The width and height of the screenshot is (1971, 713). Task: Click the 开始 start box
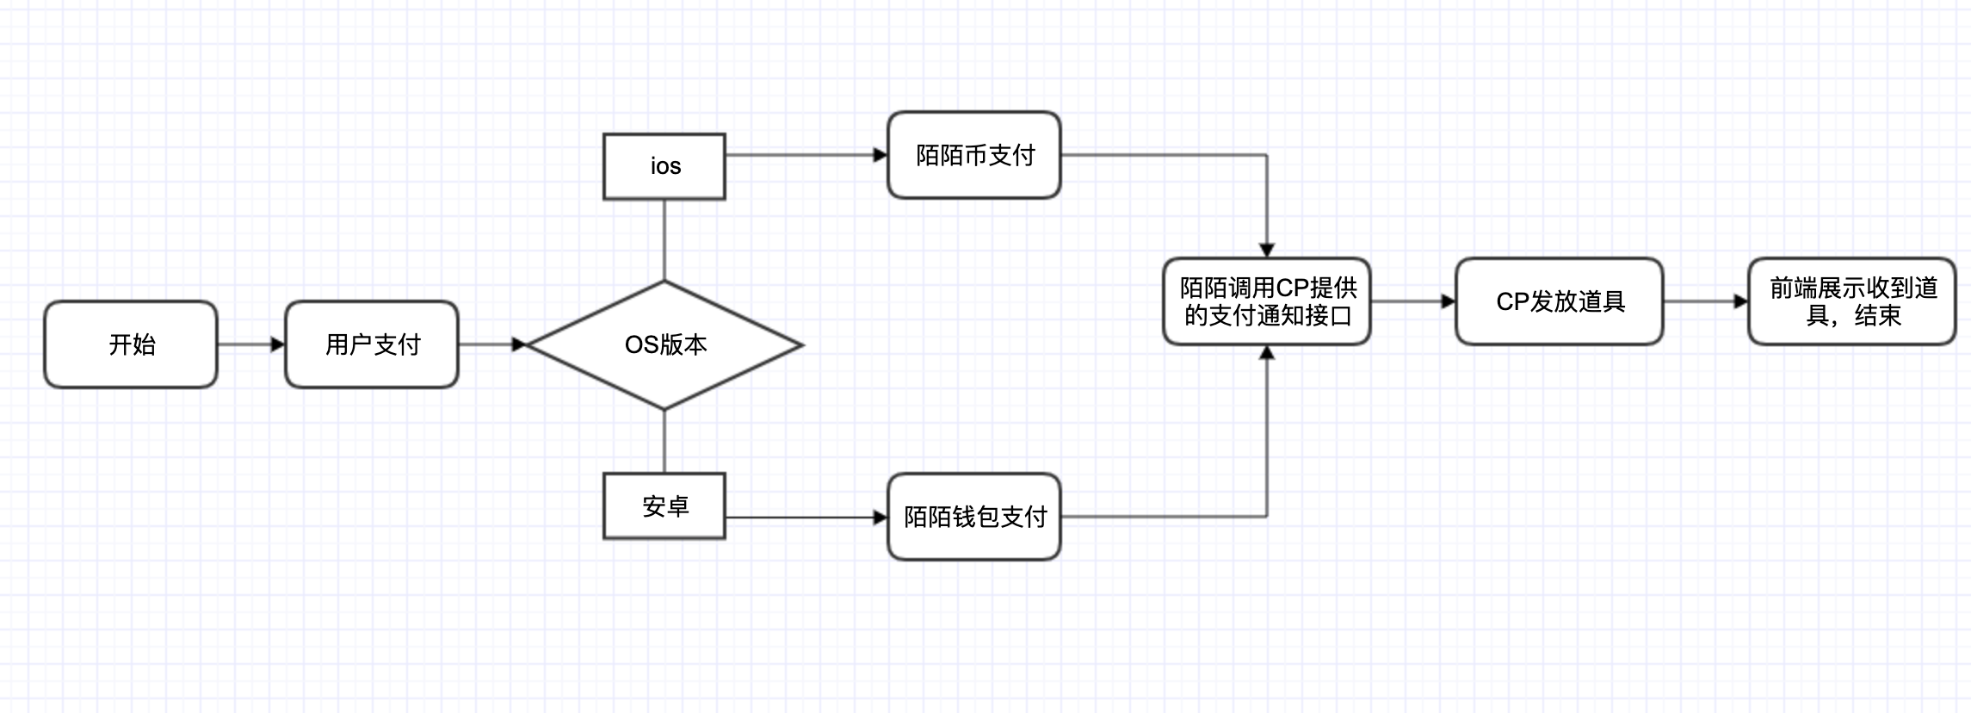[x=131, y=344]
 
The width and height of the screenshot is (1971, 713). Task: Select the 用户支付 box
[x=372, y=344]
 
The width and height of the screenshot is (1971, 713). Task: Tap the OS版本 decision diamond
[x=664, y=344]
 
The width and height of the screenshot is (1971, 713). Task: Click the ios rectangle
[x=664, y=166]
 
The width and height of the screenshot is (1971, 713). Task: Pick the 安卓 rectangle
[x=664, y=505]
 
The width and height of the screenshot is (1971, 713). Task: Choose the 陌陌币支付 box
[x=974, y=155]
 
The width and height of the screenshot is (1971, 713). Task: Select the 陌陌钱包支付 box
[x=974, y=517]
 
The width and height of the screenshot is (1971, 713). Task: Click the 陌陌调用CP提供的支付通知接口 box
[x=1267, y=301]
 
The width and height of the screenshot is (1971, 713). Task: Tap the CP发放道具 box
[x=1560, y=301]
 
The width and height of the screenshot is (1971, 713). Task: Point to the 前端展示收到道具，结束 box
[x=1852, y=301]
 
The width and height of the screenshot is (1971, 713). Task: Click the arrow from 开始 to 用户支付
[x=250, y=344]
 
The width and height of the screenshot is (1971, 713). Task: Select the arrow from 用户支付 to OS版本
[x=491, y=344]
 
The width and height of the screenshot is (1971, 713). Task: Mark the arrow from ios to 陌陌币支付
[x=806, y=155]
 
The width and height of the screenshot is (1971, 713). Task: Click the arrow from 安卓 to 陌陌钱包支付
[x=806, y=518]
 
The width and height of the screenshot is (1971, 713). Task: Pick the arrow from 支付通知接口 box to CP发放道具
[x=1412, y=301]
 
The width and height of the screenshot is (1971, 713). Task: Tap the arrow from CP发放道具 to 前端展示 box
[x=1705, y=301]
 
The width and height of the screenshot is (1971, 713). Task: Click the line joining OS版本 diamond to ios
[x=664, y=240]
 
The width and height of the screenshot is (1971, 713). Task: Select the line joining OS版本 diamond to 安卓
[x=664, y=441]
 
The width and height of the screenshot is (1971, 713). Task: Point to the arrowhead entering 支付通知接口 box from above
[x=1267, y=250]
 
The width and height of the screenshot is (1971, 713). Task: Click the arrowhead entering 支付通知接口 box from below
[x=1267, y=353]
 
